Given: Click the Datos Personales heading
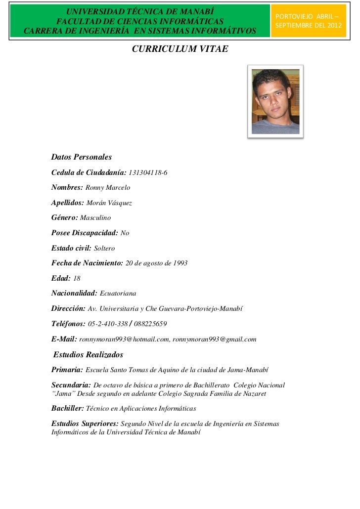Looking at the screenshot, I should pyautogui.click(x=82, y=158).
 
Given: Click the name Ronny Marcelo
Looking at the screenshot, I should pyautogui.click(x=108, y=188).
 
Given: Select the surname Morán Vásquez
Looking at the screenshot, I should pyautogui.click(x=109, y=203).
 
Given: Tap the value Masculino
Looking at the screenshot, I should pyautogui.click(x=95, y=217).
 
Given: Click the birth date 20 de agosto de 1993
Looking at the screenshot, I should pyautogui.click(x=157, y=263).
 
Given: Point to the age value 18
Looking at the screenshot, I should pyautogui.click(x=77, y=278).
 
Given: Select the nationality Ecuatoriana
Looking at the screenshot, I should pyautogui.click(x=121, y=294).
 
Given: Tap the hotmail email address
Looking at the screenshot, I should pyautogui.click(x=124, y=339).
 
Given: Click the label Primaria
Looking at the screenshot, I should pyautogui.click(x=67, y=370).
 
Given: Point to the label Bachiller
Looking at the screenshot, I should pyautogui.click(x=67, y=409).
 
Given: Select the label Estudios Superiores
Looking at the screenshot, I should pyautogui.click(x=85, y=424).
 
